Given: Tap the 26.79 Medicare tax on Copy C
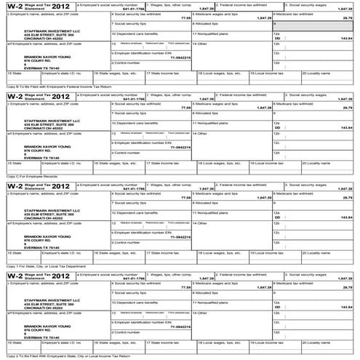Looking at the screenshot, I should tap(348, 107).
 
